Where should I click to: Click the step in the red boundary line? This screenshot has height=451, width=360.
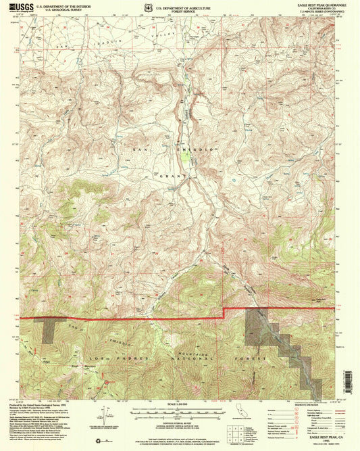(224, 312)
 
